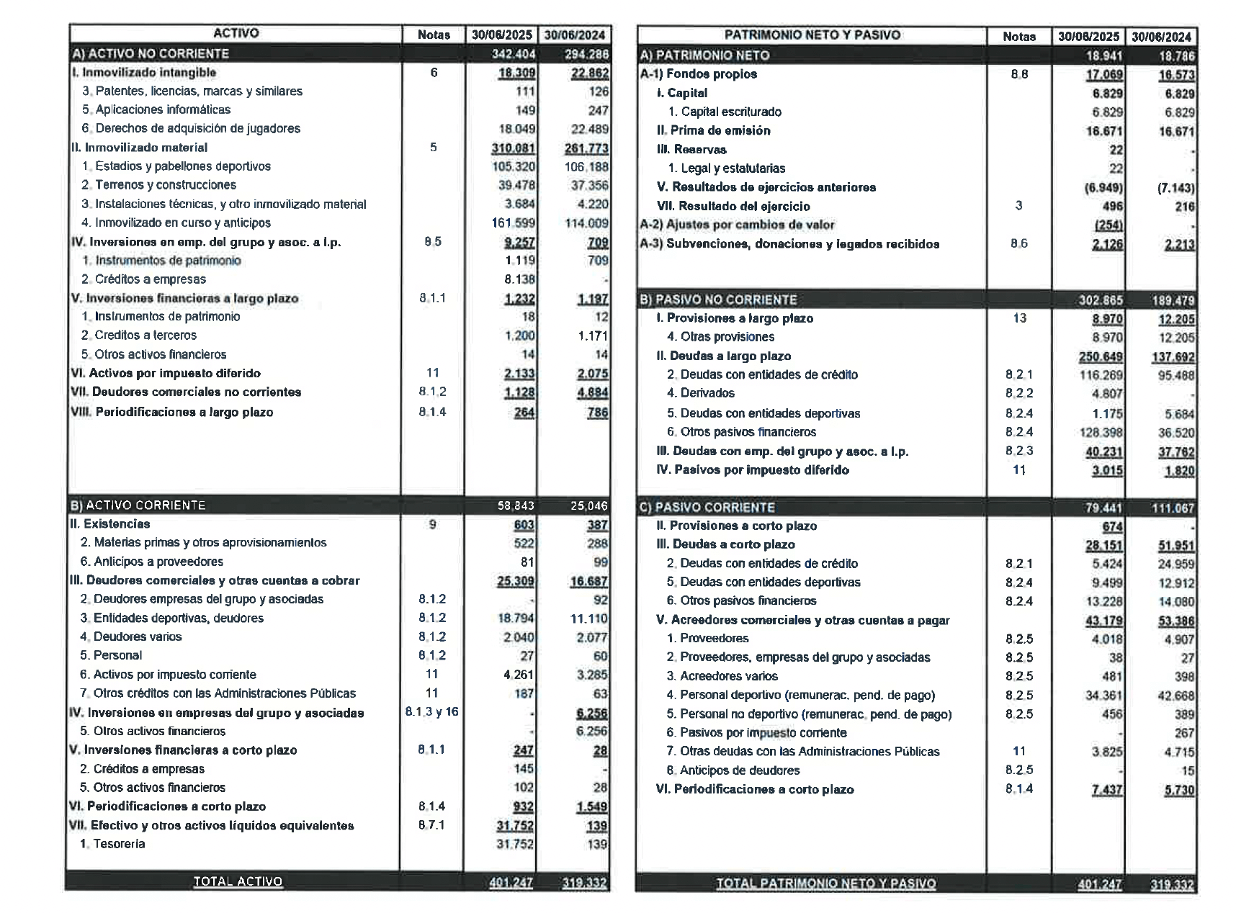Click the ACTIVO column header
236,34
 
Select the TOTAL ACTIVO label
238,881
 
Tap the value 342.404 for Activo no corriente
514,54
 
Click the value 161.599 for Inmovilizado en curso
514,223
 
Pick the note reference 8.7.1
431,825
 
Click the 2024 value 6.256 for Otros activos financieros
592,731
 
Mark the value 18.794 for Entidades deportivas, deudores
516,618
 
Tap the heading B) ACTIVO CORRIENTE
138,505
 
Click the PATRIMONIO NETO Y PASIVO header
812,35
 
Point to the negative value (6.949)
1103,188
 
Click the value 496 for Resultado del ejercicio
1112,207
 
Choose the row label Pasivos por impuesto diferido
753,470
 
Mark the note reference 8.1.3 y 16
431,712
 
